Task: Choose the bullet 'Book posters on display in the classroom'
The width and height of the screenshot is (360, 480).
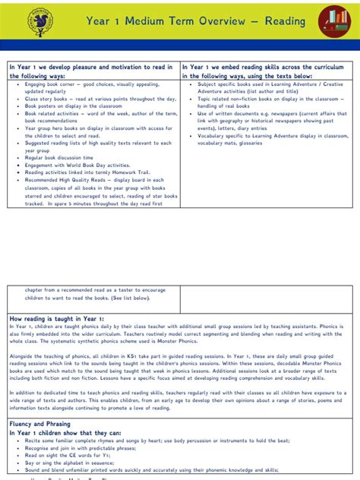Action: click(x=76, y=107)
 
